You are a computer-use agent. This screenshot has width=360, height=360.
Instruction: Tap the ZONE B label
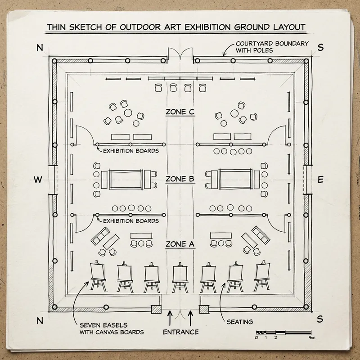[180, 179]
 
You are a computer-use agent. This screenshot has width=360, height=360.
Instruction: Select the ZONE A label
[180, 244]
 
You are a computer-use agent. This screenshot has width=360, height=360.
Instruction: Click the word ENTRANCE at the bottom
[180, 332]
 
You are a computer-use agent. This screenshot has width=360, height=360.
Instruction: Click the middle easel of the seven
[180, 277]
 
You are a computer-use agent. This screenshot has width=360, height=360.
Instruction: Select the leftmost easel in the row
[97, 277]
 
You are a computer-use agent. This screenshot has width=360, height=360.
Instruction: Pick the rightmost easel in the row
[262, 277]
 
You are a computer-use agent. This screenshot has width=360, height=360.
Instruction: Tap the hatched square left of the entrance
[156, 309]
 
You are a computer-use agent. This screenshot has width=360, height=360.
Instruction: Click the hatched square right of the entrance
[204, 309]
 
